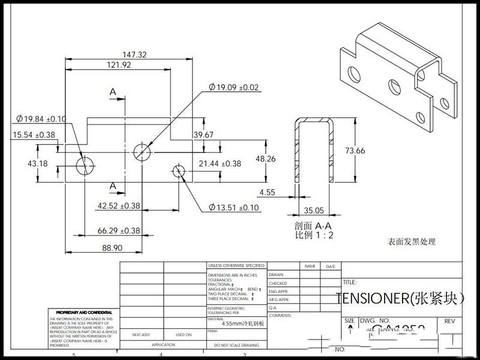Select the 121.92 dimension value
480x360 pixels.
(119, 65)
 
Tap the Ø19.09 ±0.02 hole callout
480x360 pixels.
(233, 88)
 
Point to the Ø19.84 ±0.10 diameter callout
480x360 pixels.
(41, 119)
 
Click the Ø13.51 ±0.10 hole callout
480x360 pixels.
(234, 208)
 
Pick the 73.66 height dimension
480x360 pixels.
(352, 151)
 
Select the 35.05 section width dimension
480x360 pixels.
(314, 210)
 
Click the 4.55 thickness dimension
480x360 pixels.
(268, 193)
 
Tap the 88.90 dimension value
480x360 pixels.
(112, 247)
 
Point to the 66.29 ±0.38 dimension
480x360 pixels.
(119, 230)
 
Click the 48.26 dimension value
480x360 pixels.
(266, 159)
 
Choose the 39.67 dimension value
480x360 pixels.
(203, 135)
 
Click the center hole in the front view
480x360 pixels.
(142, 151)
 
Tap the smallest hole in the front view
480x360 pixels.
(178, 171)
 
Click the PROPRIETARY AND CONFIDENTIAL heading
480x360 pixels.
(84, 313)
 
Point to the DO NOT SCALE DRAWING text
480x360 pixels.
(236, 345)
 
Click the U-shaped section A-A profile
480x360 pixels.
(314, 150)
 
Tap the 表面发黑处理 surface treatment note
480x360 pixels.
(412, 242)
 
